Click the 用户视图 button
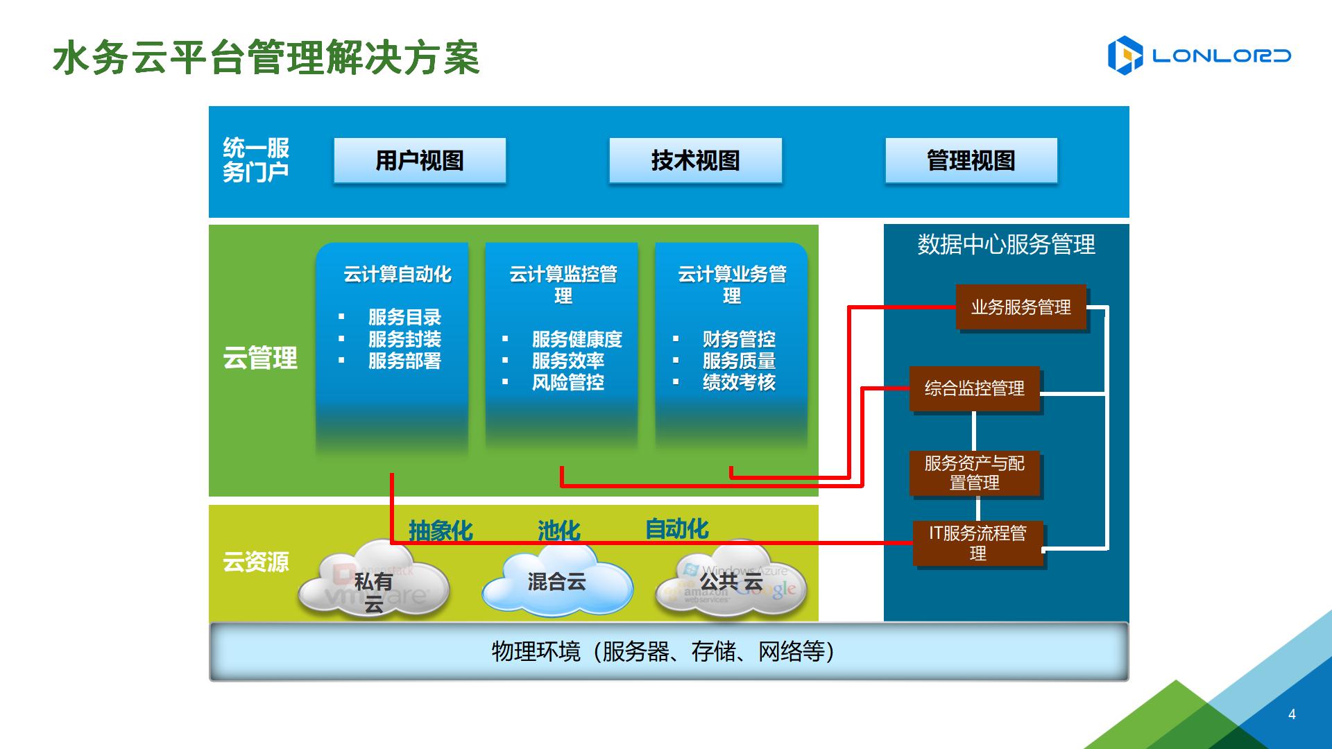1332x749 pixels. (x=420, y=160)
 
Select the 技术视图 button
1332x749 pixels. (x=695, y=160)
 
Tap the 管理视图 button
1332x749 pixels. (x=971, y=160)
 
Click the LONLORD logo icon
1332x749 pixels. (x=1125, y=55)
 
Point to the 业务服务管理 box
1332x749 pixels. (x=1021, y=307)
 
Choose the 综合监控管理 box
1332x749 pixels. (x=974, y=388)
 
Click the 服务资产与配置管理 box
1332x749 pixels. (x=974, y=473)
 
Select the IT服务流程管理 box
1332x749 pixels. (x=977, y=543)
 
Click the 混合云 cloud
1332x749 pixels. (x=556, y=583)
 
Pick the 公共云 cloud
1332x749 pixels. (x=731, y=583)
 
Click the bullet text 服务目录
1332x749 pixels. (x=404, y=318)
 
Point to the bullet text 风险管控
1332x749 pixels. (x=567, y=382)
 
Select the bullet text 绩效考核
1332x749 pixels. (x=739, y=382)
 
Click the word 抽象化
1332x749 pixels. (x=441, y=531)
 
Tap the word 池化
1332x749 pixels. (x=558, y=531)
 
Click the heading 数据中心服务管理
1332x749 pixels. (x=1006, y=245)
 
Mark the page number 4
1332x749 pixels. (x=1292, y=714)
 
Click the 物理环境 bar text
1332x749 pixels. (x=663, y=651)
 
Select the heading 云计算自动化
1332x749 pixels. (x=397, y=275)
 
